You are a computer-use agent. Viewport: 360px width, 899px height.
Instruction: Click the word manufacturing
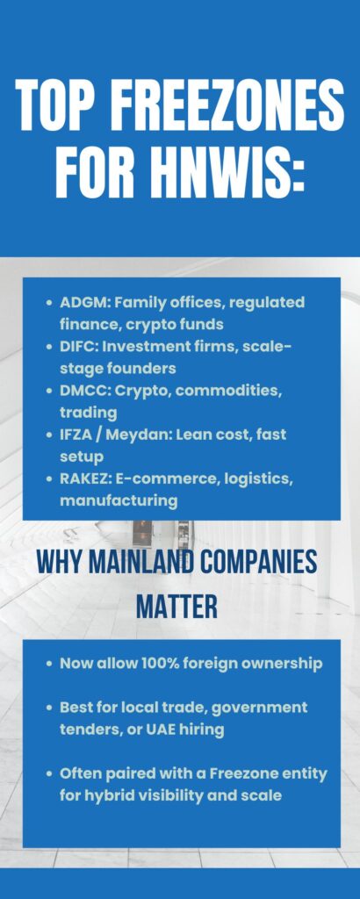tap(119, 500)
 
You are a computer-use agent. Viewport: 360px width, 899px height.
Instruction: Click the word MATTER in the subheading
tap(177, 607)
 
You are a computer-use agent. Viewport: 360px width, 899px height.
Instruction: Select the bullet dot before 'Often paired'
tap(49, 774)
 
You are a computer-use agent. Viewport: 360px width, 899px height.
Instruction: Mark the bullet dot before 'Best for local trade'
tap(49, 708)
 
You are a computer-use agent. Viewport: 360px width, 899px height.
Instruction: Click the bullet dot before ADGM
tap(49, 303)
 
